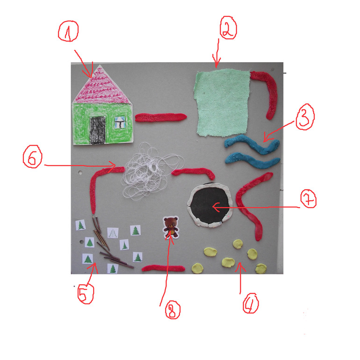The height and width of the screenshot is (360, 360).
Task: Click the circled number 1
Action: [x=68, y=31]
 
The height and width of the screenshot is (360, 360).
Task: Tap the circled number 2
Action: [x=228, y=28]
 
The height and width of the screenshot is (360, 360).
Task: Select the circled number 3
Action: [x=305, y=117]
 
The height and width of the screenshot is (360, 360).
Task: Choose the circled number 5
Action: [x=86, y=294]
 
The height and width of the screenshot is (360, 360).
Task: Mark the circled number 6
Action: [x=33, y=157]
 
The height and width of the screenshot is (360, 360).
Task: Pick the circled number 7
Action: [x=309, y=199]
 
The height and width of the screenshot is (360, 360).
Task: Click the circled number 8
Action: [x=173, y=310]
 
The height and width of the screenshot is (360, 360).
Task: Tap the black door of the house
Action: [x=98, y=130]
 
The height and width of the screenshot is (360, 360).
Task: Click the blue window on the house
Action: [x=120, y=122]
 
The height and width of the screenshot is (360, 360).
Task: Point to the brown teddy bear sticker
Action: [x=171, y=227]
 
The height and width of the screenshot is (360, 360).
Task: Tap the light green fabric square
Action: [x=222, y=102]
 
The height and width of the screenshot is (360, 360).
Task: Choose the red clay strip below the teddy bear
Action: [x=163, y=268]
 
